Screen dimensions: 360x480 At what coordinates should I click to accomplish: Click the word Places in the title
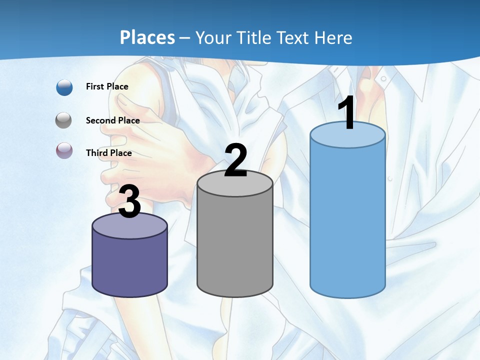pos(147,38)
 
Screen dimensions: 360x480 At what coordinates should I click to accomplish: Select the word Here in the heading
pos(334,38)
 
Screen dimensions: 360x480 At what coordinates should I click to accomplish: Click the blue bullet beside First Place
pos(64,87)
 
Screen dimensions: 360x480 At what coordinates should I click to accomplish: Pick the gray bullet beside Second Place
pos(64,120)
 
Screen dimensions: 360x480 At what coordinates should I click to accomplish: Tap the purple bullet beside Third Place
pos(64,150)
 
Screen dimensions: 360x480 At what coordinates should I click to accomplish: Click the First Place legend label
pos(107,86)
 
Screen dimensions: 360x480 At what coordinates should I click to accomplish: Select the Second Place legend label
pos(112,120)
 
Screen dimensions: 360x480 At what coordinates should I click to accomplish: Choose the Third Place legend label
pos(109,153)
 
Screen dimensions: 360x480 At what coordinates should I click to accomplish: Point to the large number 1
pos(346,114)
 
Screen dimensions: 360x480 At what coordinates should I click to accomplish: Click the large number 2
pos(235,160)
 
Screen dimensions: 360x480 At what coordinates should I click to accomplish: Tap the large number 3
pos(129,202)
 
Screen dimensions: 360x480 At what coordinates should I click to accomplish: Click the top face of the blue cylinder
pos(347,135)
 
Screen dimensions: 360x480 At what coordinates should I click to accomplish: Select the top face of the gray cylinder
pos(235,183)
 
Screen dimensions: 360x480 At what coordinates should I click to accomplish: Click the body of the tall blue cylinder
pos(347,220)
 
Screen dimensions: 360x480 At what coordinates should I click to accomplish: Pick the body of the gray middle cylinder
pos(235,245)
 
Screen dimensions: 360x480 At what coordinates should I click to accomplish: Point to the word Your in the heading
pos(211,38)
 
